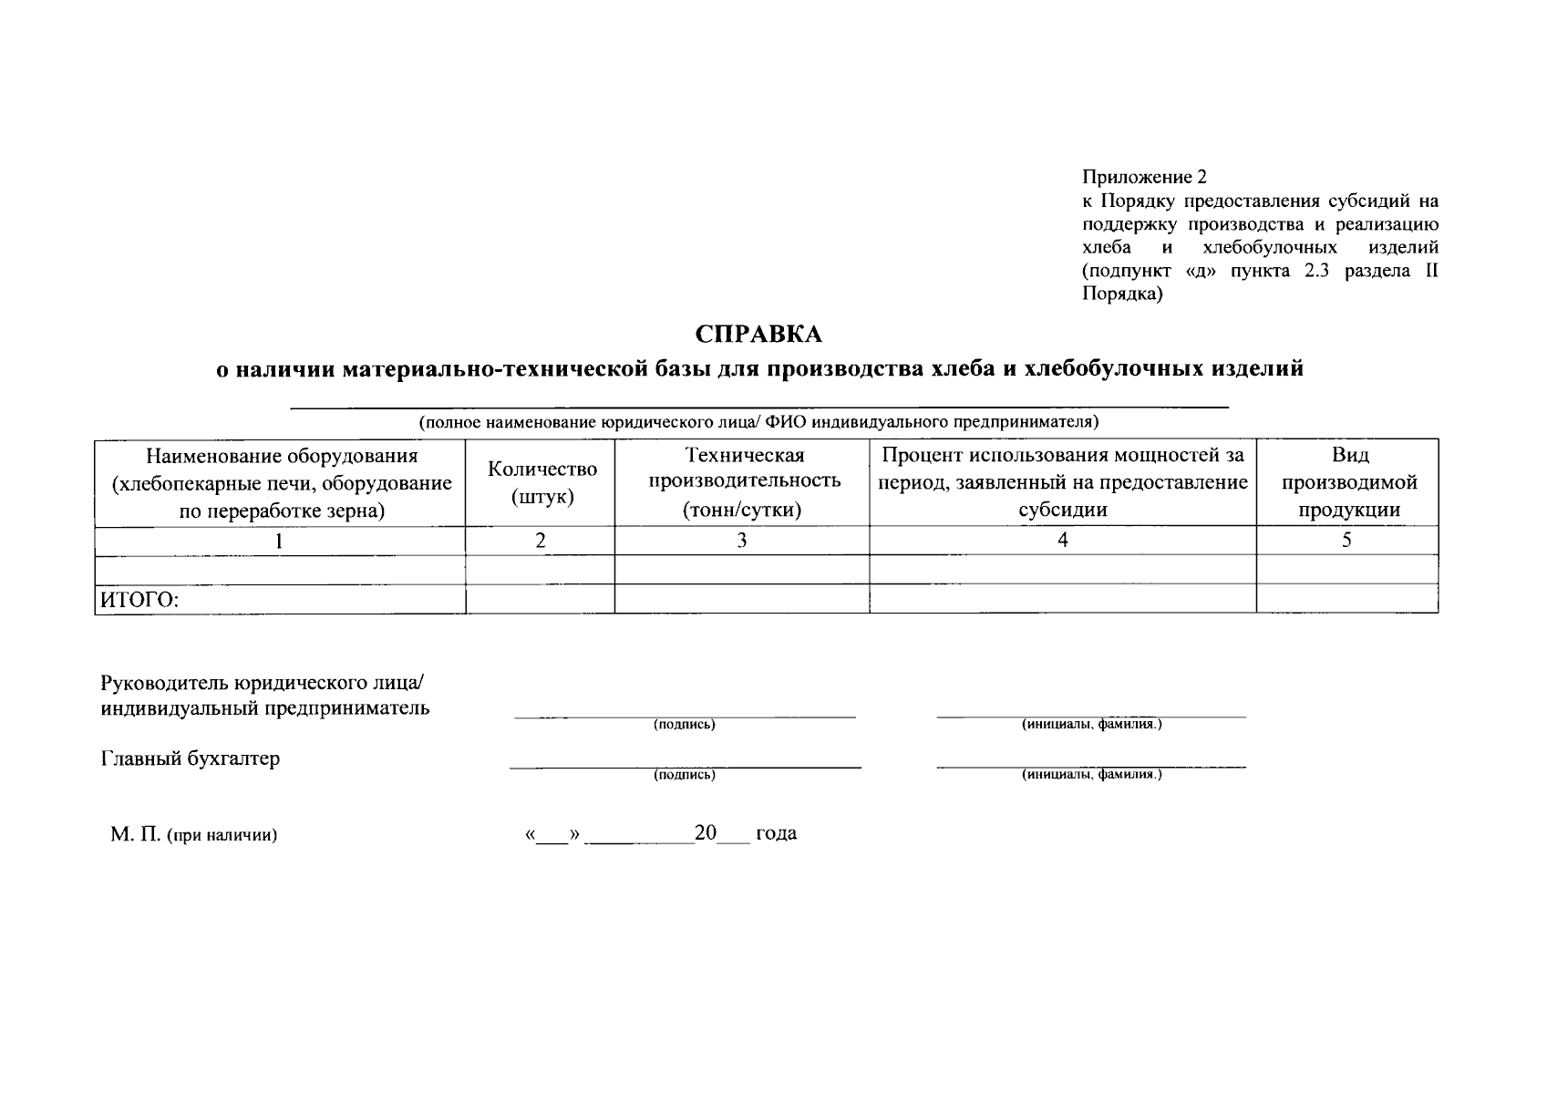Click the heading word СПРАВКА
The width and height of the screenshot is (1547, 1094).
758,335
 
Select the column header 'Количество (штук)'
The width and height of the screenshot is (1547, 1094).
541,482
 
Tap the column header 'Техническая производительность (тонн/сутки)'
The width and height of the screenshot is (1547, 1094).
743,482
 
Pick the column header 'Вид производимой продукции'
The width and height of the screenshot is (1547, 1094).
1348,482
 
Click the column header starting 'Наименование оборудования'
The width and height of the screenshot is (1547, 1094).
281,482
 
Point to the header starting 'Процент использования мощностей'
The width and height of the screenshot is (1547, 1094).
1062,482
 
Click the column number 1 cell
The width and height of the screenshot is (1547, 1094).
280,541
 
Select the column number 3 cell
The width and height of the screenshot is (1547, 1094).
742,541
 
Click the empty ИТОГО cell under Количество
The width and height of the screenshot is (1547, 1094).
540,599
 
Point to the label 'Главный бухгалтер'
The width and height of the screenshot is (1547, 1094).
190,759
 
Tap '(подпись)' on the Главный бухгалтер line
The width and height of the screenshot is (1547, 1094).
685,776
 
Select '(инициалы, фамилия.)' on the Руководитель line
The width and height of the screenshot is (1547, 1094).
1092,726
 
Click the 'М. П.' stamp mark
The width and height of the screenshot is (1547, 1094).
135,834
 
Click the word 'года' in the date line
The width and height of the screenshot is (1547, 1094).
776,833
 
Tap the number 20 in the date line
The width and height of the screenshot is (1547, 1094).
706,833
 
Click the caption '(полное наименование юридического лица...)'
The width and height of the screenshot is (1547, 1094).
758,422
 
